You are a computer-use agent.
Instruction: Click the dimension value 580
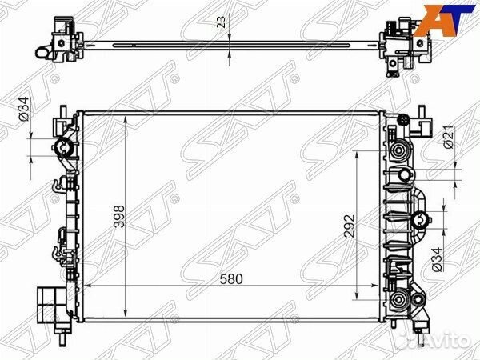[x=231, y=279]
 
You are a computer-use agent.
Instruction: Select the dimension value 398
[x=119, y=217]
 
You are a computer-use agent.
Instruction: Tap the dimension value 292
[x=350, y=226]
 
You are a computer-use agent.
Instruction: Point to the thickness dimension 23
[x=221, y=22]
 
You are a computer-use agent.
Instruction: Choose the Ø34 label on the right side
[x=437, y=259]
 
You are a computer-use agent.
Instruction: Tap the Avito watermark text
[x=446, y=341]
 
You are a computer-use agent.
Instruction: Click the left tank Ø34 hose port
[x=64, y=147]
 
